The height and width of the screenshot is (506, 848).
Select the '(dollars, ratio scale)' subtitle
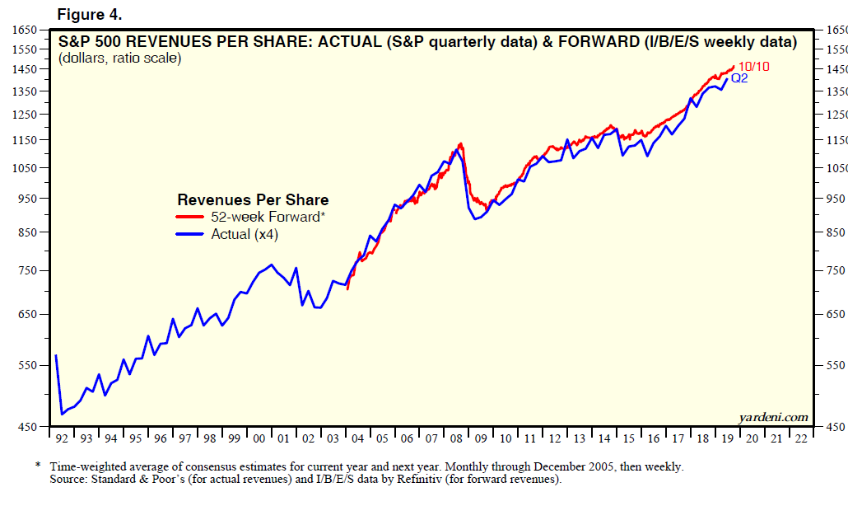[x=119, y=59]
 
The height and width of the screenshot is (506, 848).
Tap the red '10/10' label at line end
[x=753, y=67]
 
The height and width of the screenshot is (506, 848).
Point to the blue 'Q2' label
[x=739, y=78]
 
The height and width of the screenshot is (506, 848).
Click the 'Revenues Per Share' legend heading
[x=253, y=199]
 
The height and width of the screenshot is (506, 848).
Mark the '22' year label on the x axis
[x=800, y=439]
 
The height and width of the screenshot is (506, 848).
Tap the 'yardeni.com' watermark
[x=774, y=417]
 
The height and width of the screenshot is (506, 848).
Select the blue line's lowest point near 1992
[x=62, y=414]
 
